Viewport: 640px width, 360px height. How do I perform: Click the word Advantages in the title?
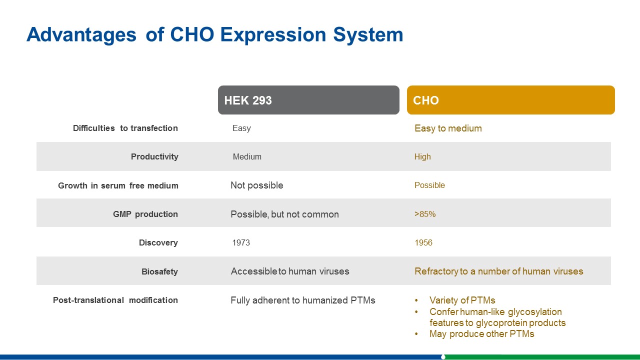tap(81, 35)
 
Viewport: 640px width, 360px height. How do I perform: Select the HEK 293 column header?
tap(308, 100)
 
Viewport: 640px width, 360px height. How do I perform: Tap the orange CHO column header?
tap(511, 100)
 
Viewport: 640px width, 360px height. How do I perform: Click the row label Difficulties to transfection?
tap(125, 128)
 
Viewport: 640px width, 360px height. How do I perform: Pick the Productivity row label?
tap(154, 156)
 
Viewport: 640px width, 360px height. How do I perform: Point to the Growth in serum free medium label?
tap(118, 185)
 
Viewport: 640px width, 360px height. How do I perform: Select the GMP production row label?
tap(145, 214)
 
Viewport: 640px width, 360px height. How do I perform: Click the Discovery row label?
tap(158, 242)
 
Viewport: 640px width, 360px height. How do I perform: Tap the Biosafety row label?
tap(159, 271)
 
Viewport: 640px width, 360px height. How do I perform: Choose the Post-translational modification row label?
tap(115, 300)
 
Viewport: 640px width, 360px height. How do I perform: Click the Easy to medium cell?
tap(448, 128)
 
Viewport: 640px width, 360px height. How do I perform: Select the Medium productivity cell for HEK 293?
tap(247, 156)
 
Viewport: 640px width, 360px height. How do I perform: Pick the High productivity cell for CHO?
tap(422, 156)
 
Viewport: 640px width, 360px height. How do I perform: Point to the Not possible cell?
tap(257, 185)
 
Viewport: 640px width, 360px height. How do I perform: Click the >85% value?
tap(425, 214)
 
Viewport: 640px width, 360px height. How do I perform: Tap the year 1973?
tap(241, 242)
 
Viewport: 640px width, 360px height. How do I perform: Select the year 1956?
tap(423, 242)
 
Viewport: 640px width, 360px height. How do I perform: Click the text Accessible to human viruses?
tap(290, 271)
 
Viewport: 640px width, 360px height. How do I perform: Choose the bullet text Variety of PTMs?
tap(462, 300)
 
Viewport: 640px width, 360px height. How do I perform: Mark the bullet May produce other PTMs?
tap(481, 333)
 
